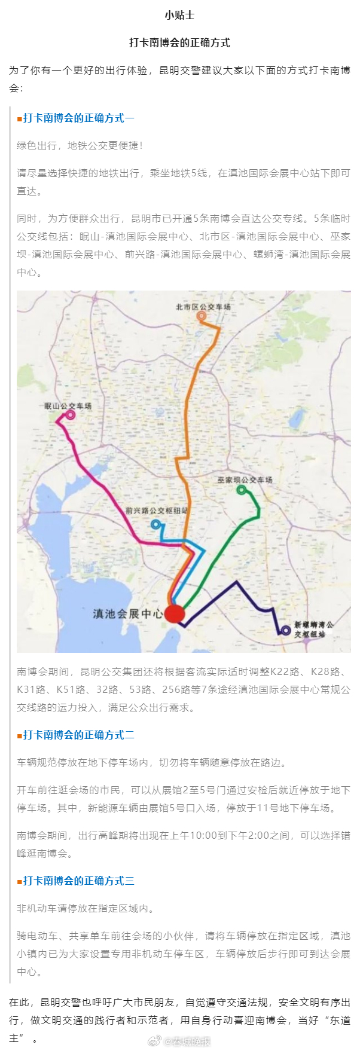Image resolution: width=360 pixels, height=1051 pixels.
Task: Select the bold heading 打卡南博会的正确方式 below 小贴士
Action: pyautogui.click(x=179, y=43)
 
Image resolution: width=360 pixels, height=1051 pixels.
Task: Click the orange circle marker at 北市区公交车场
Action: pyautogui.click(x=202, y=316)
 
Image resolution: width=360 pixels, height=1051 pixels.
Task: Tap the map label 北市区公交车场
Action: pyautogui.click(x=203, y=307)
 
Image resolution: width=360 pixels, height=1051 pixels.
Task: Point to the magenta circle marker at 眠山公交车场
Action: pyautogui.click(x=71, y=414)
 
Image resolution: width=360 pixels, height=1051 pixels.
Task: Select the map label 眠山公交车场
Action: pyautogui.click(x=68, y=406)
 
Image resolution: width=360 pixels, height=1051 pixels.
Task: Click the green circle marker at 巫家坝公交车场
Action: pyautogui.click(x=242, y=490)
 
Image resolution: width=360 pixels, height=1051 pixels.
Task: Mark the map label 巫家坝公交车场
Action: pyautogui.click(x=245, y=480)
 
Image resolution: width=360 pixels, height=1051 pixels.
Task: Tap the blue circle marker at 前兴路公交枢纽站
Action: pyautogui.click(x=156, y=524)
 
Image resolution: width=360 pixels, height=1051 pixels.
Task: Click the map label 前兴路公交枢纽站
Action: pyautogui.click(x=157, y=511)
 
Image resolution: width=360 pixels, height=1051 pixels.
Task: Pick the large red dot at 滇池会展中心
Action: pyautogui.click(x=175, y=613)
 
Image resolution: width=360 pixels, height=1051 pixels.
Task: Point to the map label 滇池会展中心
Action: pyautogui.click(x=127, y=614)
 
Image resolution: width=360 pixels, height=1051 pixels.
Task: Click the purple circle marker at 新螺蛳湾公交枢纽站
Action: pyautogui.click(x=286, y=630)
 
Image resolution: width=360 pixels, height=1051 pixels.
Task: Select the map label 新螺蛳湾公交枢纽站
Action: pyautogui.click(x=313, y=630)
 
